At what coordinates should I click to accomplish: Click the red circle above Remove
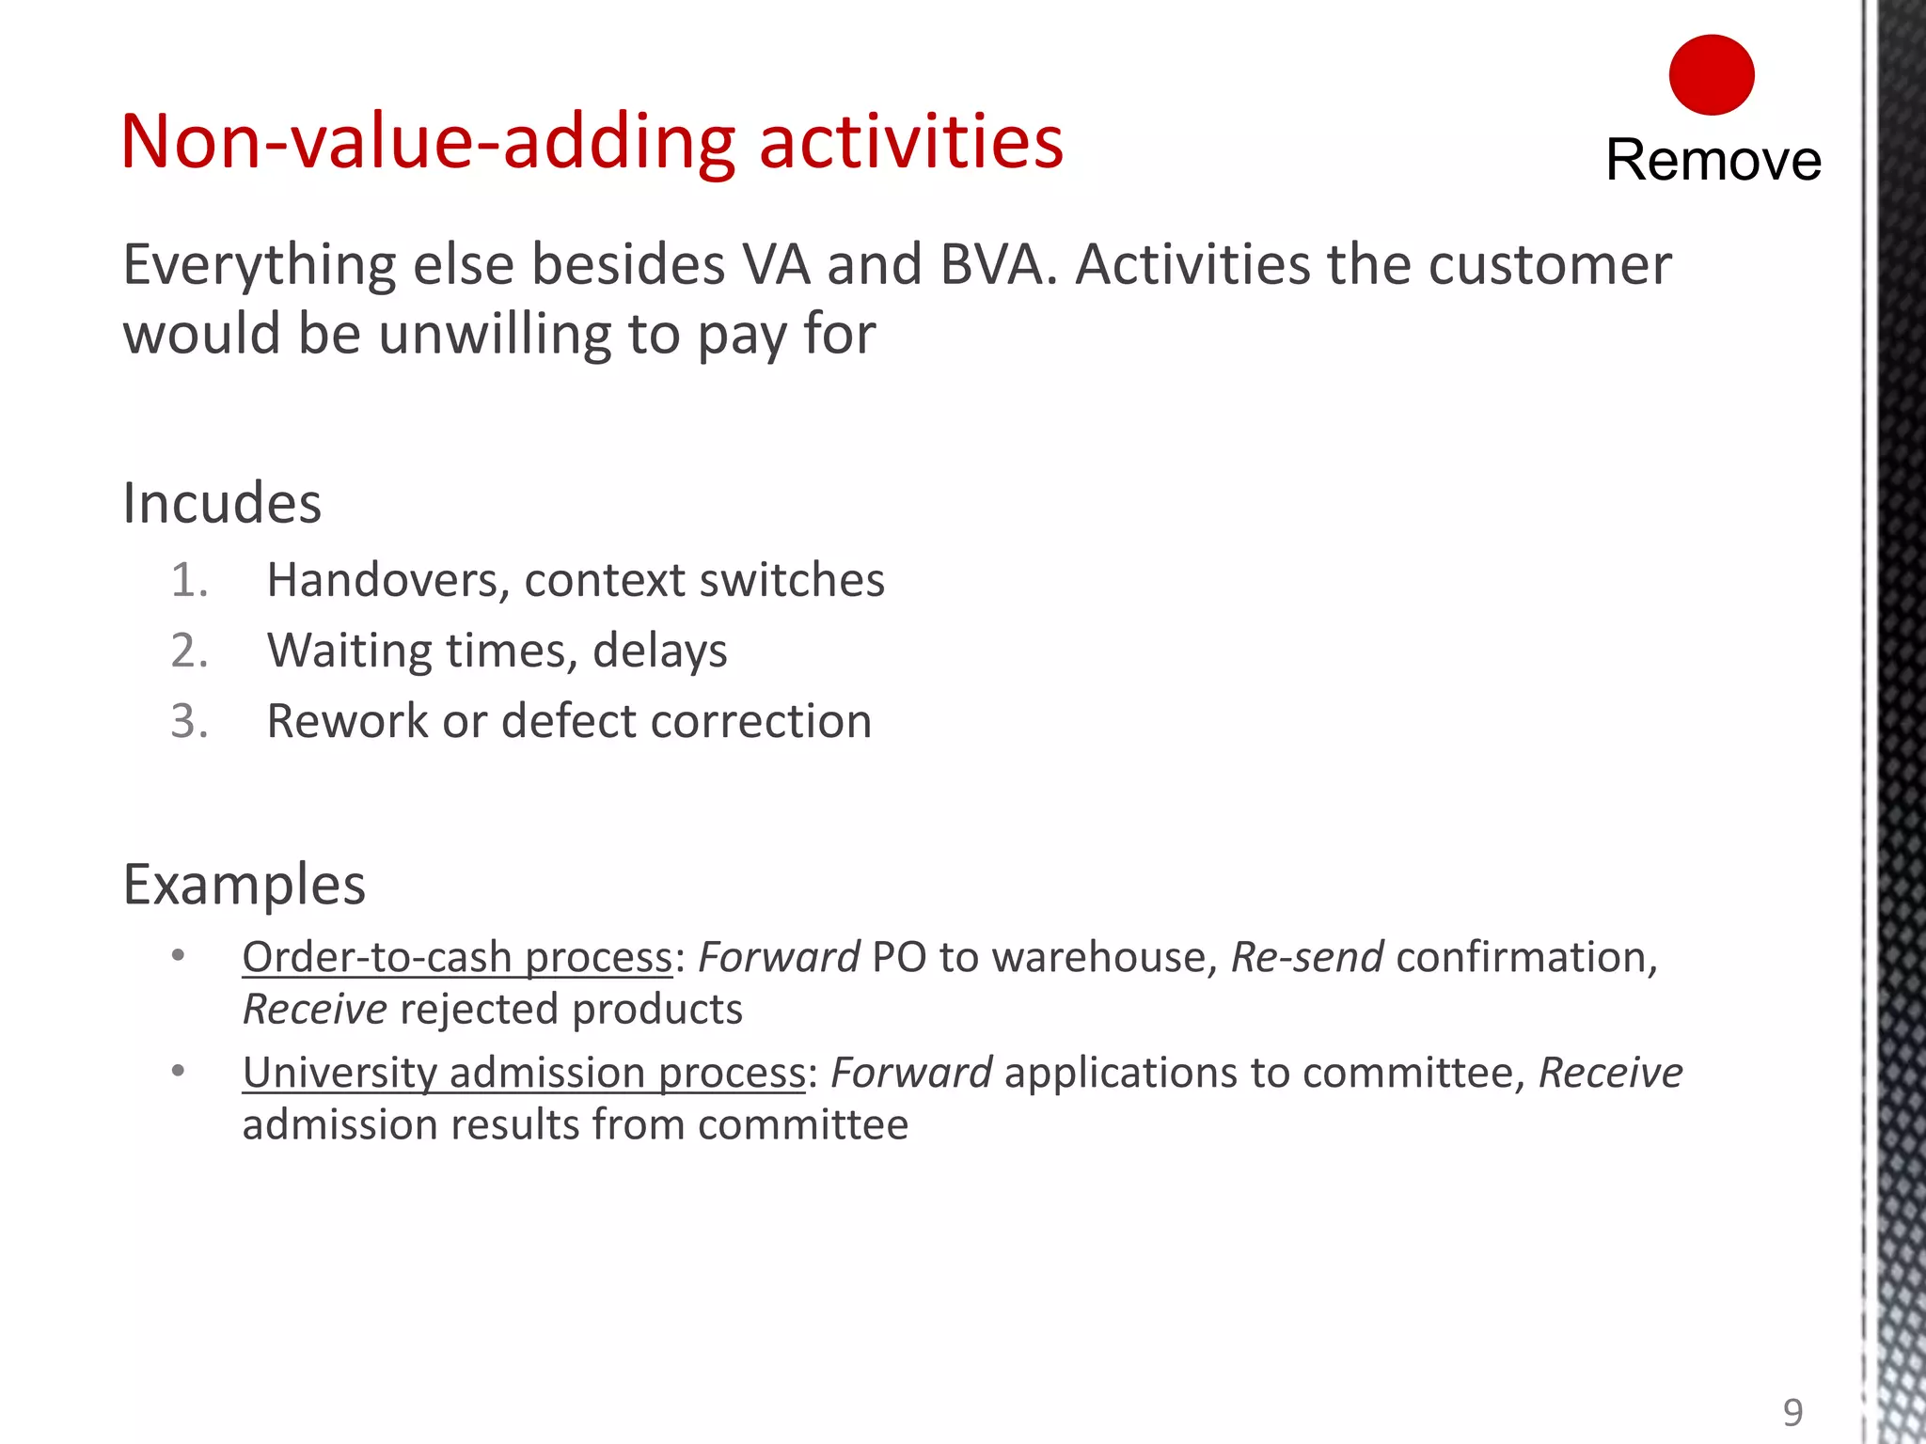[x=1711, y=75]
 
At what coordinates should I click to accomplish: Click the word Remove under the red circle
[x=1713, y=160]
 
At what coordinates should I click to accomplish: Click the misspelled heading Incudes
[x=222, y=503]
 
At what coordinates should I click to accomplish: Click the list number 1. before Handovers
[x=189, y=580]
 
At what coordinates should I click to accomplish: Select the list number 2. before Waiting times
[x=189, y=651]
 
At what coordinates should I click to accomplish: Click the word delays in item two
[x=659, y=651]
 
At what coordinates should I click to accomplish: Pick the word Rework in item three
[x=347, y=722]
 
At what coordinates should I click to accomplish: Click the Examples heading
[x=245, y=885]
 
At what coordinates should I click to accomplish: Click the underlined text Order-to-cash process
[x=457, y=958]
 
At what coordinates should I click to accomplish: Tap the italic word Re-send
[x=1306, y=958]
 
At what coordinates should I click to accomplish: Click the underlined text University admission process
[x=524, y=1074]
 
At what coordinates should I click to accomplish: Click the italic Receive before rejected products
[x=314, y=1010]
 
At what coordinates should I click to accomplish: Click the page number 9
[x=1792, y=1413]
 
